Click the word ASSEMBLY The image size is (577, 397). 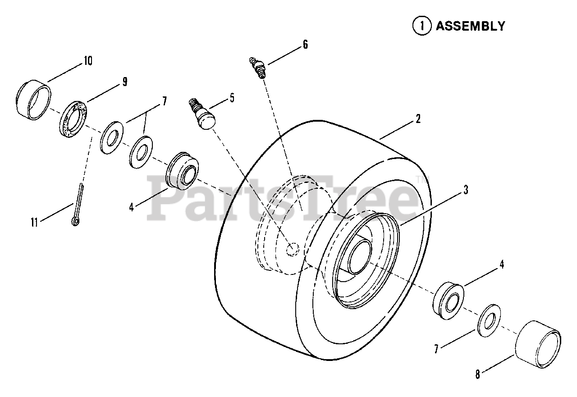click(x=470, y=26)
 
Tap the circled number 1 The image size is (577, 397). click(x=421, y=26)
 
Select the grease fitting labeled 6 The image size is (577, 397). click(x=258, y=67)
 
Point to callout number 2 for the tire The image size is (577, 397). click(x=418, y=119)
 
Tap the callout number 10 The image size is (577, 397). click(x=87, y=61)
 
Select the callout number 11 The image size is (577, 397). click(x=34, y=221)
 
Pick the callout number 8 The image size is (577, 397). click(x=478, y=374)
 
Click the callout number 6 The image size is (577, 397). click(x=305, y=45)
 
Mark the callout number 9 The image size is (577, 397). click(x=124, y=82)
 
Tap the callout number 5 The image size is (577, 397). click(x=232, y=98)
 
